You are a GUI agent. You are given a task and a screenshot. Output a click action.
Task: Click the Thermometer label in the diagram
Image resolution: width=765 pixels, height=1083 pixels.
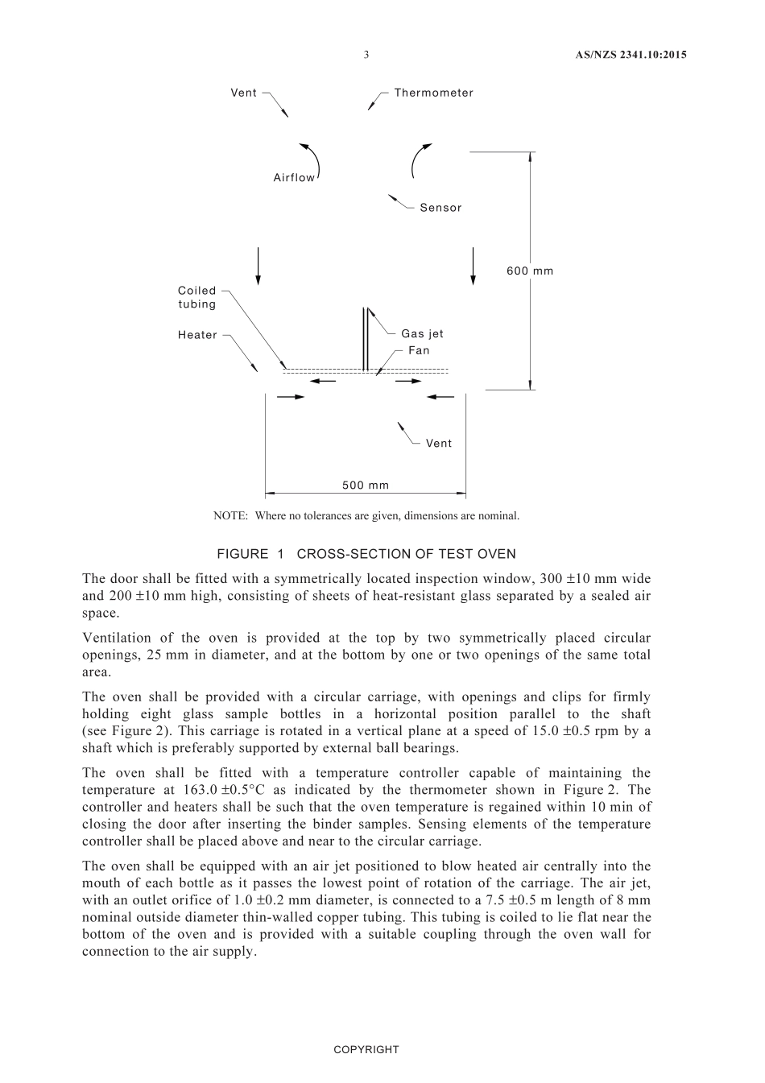click(x=433, y=93)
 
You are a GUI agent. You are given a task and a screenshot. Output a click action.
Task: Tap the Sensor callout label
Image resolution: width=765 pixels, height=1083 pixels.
click(x=440, y=208)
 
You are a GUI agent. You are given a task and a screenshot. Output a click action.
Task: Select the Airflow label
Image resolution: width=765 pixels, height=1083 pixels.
click(x=294, y=178)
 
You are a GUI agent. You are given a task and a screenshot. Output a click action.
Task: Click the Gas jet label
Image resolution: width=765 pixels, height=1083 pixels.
click(x=422, y=333)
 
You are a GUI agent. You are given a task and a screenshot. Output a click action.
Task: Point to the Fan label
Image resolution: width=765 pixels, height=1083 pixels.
click(x=419, y=350)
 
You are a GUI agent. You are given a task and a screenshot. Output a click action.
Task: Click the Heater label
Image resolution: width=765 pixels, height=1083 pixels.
click(x=197, y=335)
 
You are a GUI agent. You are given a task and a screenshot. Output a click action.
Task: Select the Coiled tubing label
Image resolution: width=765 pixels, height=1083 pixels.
click(x=197, y=297)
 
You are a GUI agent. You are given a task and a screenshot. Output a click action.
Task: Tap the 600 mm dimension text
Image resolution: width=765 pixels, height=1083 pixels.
click(x=530, y=271)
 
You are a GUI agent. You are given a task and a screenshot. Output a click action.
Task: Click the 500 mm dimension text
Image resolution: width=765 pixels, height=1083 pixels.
click(x=366, y=485)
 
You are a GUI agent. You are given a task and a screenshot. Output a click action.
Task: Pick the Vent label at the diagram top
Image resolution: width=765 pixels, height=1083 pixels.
click(x=243, y=93)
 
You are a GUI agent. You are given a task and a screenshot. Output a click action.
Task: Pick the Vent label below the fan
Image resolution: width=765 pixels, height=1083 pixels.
click(x=439, y=443)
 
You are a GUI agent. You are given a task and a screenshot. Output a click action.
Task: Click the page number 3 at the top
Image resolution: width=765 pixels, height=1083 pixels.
click(x=366, y=55)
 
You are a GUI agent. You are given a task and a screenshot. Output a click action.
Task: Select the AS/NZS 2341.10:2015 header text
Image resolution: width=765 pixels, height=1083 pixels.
click(x=631, y=55)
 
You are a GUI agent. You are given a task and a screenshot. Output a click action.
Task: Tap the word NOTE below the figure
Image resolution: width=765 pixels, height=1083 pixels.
click(x=229, y=515)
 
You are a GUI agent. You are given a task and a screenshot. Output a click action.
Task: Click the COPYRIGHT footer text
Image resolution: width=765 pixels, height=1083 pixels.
click(x=366, y=1049)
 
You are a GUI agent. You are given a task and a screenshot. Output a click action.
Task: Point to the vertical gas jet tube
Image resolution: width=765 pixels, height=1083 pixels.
click(x=366, y=338)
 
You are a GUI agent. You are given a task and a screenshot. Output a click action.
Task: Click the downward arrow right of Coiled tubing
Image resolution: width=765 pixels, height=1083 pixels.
click(x=258, y=266)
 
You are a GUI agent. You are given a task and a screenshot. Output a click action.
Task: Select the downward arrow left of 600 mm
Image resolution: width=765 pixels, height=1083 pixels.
click(x=473, y=266)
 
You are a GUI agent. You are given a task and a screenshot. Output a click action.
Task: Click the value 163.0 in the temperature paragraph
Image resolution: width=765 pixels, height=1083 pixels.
click(x=150, y=790)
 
